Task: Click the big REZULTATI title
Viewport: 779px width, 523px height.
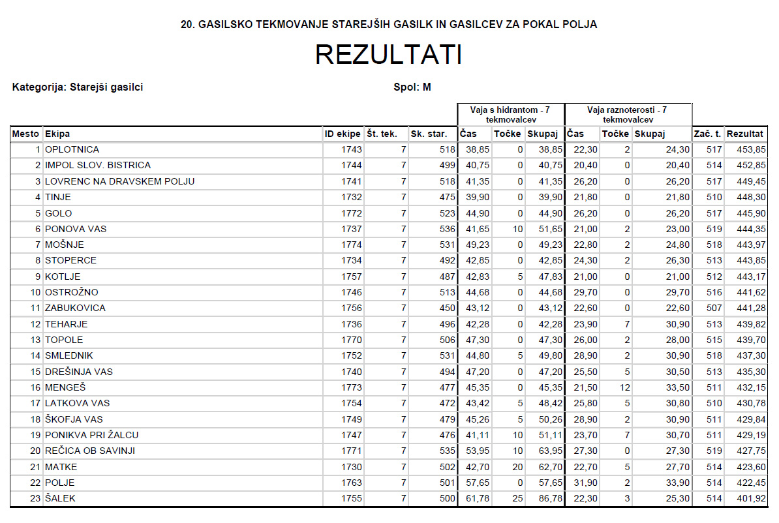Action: (389, 55)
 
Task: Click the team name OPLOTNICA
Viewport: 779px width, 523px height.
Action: (72, 150)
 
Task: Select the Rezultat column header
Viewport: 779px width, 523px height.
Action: (745, 134)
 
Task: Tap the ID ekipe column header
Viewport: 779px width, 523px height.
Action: (343, 134)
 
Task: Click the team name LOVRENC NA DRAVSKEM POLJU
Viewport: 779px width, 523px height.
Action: (119, 181)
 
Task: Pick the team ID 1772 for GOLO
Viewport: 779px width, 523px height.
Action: (351, 213)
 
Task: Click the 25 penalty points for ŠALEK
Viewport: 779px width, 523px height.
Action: (517, 499)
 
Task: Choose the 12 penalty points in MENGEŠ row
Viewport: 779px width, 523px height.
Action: (623, 388)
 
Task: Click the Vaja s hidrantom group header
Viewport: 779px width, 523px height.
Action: (511, 115)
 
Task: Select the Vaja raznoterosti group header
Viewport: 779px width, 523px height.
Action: (627, 115)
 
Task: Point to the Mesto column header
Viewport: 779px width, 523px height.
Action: (26, 134)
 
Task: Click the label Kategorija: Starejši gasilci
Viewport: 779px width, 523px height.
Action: (78, 87)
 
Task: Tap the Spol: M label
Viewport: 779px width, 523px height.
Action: (412, 87)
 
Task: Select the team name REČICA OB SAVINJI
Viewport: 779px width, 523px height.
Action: (90, 451)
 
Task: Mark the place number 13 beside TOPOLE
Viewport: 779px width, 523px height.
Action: (34, 340)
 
